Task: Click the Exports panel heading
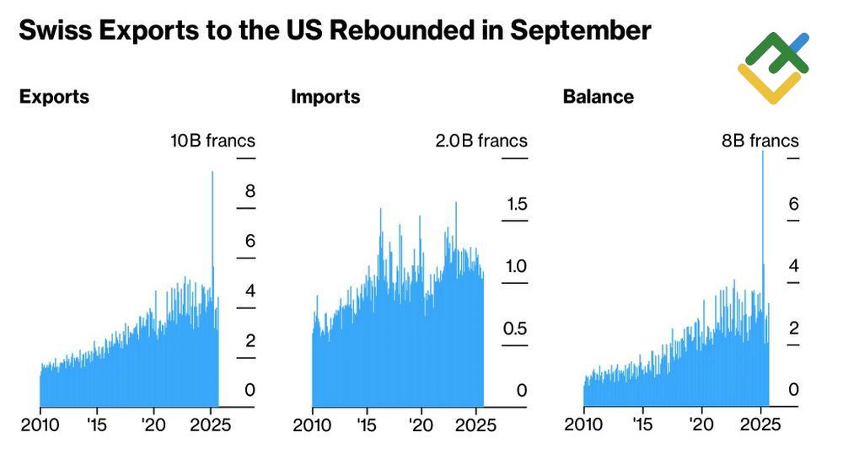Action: (x=54, y=97)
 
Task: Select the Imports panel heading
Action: (x=325, y=97)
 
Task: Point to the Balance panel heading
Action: (x=598, y=97)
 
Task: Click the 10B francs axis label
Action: (x=212, y=141)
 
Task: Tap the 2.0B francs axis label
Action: (x=481, y=141)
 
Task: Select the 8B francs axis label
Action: (x=760, y=141)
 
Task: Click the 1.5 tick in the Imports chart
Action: (x=515, y=204)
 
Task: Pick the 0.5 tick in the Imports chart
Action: (x=515, y=328)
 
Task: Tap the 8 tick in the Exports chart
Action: (x=250, y=192)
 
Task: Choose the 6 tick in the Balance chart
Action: (x=793, y=204)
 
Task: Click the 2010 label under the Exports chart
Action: (x=40, y=424)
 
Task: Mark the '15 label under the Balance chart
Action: (x=643, y=424)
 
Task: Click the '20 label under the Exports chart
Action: (x=155, y=424)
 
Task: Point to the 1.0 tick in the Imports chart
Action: (x=515, y=266)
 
